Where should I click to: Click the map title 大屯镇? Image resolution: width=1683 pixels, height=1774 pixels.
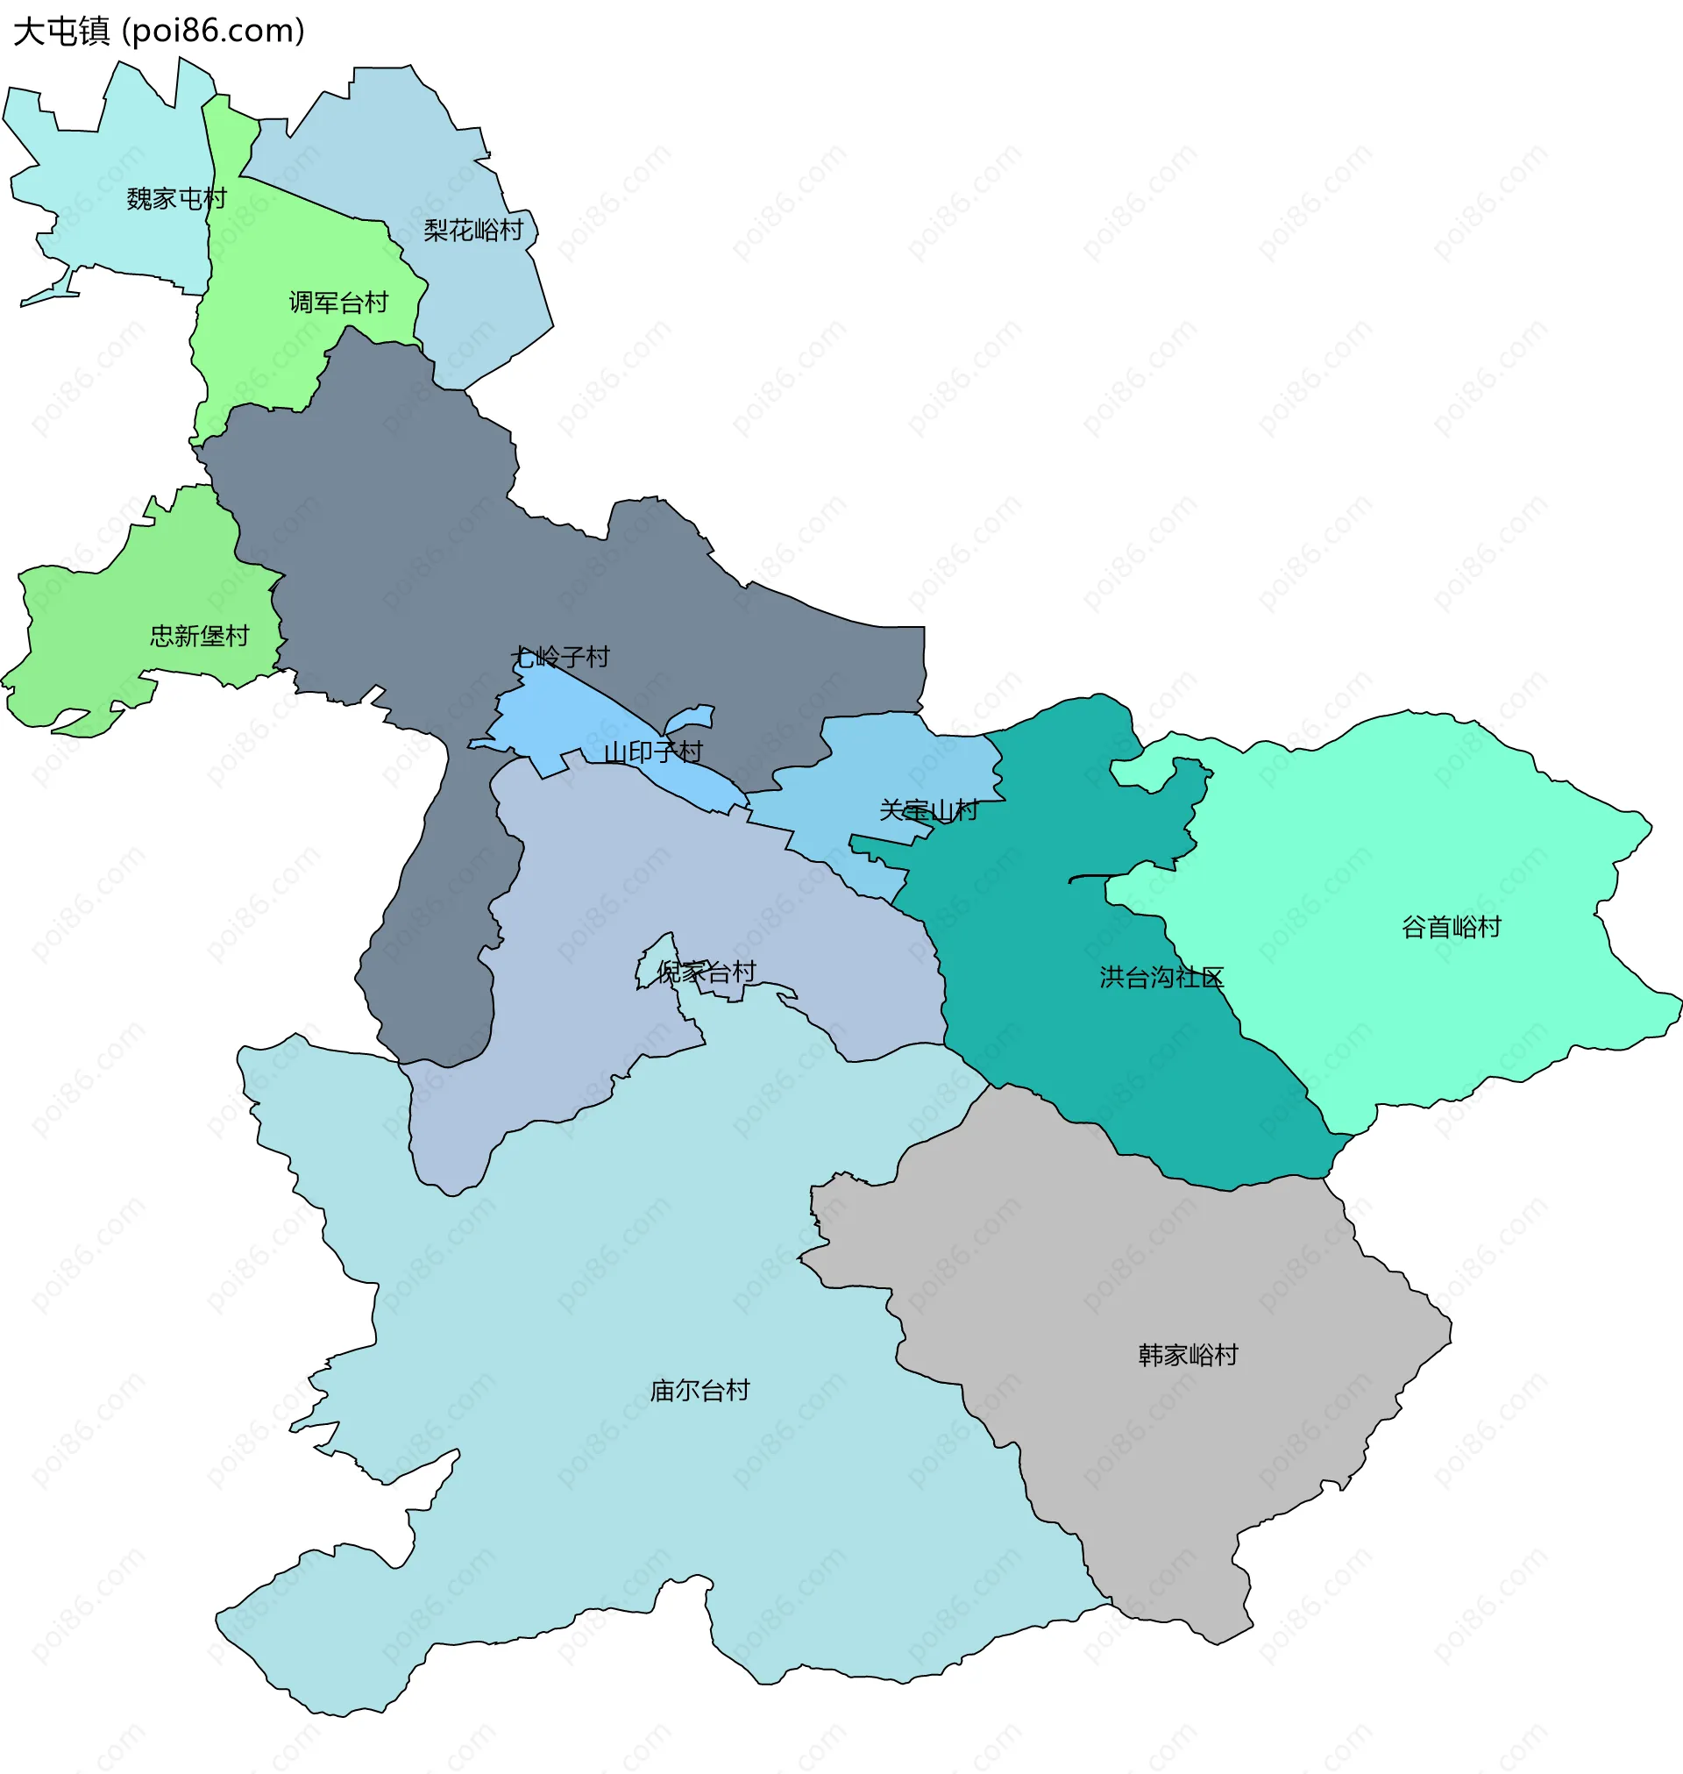(x=61, y=32)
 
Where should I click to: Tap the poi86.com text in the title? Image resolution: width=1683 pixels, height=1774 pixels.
(x=214, y=32)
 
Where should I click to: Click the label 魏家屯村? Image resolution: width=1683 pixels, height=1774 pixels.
(x=177, y=198)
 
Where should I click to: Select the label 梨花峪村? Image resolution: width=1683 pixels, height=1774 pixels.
(x=473, y=231)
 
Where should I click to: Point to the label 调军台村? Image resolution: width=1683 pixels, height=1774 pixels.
(x=338, y=303)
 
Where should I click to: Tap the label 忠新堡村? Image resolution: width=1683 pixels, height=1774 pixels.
(x=199, y=636)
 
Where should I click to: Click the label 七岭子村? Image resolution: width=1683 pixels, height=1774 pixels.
(x=560, y=657)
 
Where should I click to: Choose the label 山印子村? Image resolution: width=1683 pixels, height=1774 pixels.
(x=653, y=752)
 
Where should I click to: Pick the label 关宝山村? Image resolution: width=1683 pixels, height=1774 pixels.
(x=928, y=810)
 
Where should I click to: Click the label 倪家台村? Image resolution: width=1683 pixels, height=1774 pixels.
(x=707, y=972)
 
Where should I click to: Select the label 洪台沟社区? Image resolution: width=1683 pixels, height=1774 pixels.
(x=1161, y=977)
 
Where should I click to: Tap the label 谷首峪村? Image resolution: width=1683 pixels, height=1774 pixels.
(x=1452, y=927)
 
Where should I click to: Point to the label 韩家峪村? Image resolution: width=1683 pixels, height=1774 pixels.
(x=1188, y=1355)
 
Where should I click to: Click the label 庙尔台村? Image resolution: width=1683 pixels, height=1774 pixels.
(x=699, y=1391)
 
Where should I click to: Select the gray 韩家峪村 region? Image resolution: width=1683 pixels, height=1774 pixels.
(x=1166, y=1257)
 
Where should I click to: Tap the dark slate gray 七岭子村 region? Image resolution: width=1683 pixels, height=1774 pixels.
(x=404, y=538)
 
